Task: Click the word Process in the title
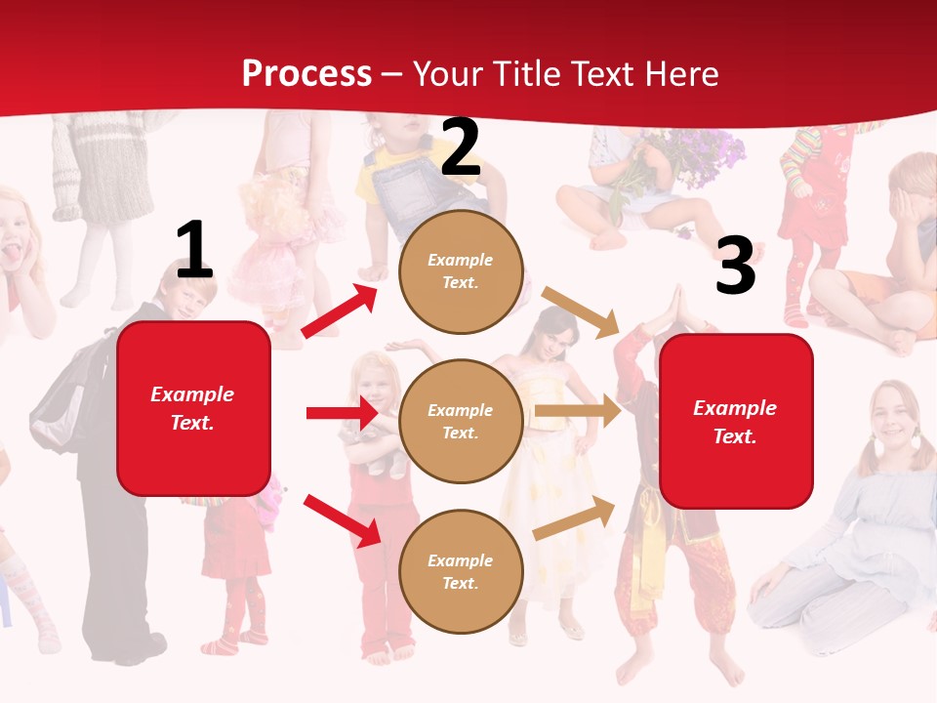point(306,73)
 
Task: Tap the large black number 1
point(194,250)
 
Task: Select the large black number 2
point(461,147)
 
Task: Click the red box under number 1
point(193,408)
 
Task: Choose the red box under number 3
point(736,421)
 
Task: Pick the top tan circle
point(461,270)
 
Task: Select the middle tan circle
point(461,421)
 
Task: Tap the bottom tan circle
point(461,571)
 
